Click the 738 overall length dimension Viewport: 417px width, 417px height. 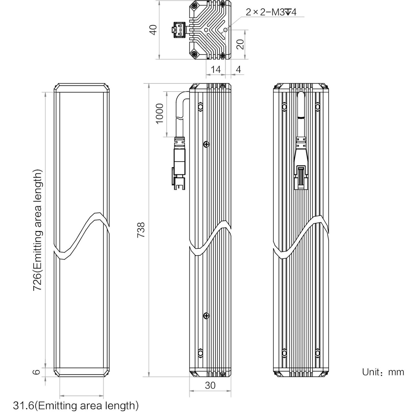tap(141, 230)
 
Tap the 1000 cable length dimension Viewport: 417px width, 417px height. tap(160, 113)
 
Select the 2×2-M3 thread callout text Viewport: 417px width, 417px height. tap(271, 12)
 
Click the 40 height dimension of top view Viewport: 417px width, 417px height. tap(153, 30)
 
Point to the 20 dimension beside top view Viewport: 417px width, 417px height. tap(240, 44)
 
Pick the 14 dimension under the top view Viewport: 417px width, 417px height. tap(215, 69)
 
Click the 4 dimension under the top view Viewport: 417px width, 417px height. tap(238, 69)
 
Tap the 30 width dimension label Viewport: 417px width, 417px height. tap(210, 385)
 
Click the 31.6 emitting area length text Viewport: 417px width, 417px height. tap(76, 406)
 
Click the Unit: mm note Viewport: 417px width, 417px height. tap(383, 372)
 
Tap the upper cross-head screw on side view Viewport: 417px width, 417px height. tap(206, 144)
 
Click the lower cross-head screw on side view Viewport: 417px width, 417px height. tap(206, 316)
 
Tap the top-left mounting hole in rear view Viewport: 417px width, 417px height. tap(284, 107)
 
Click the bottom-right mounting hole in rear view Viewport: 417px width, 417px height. tap(318, 353)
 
